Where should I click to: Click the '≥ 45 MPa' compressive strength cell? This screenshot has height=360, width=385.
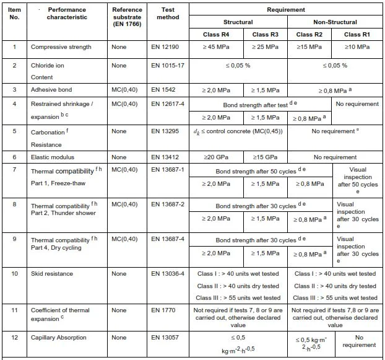(216, 47)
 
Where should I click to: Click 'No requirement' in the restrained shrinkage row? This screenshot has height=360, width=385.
(359, 105)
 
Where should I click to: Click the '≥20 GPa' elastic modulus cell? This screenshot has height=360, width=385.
(215, 157)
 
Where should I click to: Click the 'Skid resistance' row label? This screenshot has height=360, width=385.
(51, 273)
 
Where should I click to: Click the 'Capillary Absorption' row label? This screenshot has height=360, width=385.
(56, 337)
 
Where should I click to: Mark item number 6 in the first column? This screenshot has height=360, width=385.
(14, 157)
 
